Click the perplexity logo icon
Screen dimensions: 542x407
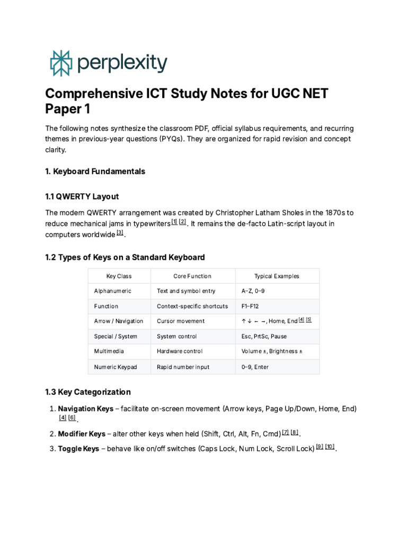tap(60, 63)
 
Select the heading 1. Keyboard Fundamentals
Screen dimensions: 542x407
tap(95, 171)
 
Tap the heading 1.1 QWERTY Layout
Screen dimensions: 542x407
tap(82, 196)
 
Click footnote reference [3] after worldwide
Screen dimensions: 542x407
tap(120, 233)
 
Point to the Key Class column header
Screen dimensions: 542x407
tap(119, 276)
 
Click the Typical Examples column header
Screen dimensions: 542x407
tap(276, 276)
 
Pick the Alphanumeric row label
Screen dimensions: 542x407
tap(112, 291)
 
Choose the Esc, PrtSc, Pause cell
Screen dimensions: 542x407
tap(264, 336)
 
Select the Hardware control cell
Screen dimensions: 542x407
tap(180, 351)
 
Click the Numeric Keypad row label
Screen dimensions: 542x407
tap(115, 366)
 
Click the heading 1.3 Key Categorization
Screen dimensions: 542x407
tap(88, 392)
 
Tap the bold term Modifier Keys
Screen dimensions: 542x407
tap(82, 434)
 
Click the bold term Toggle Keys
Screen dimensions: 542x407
tap(78, 448)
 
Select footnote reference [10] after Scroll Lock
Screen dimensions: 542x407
tap(330, 447)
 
